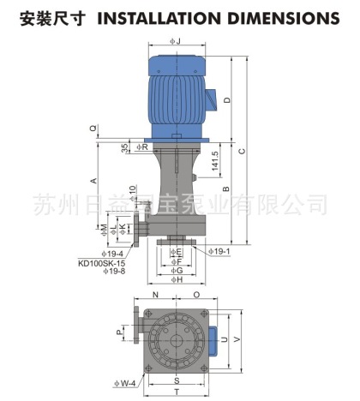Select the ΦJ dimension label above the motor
point(174,40)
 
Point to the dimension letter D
point(226,100)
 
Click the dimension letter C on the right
point(243,151)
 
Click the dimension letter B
point(226,189)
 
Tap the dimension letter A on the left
point(93,180)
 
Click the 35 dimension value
point(125,147)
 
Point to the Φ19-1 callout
point(219,253)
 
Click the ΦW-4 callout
point(123,383)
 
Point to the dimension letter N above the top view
point(154,294)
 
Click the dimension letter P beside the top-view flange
point(119,331)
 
